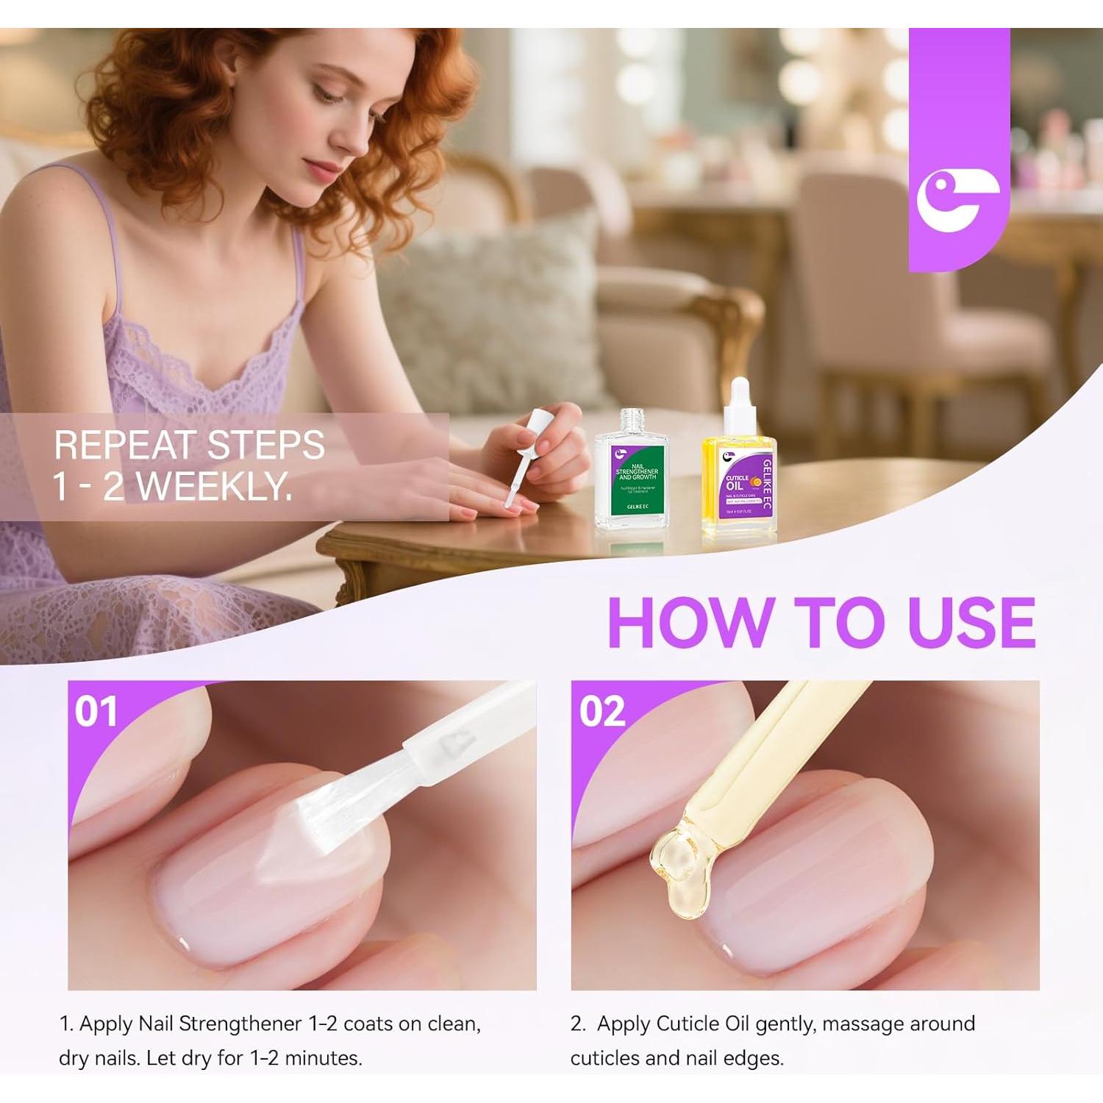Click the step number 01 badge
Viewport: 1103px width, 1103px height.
click(x=96, y=712)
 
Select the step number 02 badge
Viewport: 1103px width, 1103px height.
click(x=602, y=712)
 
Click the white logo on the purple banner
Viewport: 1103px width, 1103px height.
click(x=957, y=199)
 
